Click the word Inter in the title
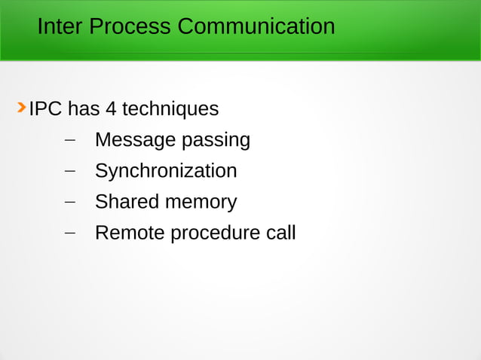[60, 27]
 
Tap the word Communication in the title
[256, 27]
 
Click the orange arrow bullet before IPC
[22, 108]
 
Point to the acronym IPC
[45, 109]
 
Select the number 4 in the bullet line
[111, 109]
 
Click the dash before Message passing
[70, 140]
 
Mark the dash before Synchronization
[70, 171]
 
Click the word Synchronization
[166, 171]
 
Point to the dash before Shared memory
[70, 202]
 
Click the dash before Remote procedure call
[70, 233]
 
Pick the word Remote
[130, 233]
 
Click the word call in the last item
[281, 233]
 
